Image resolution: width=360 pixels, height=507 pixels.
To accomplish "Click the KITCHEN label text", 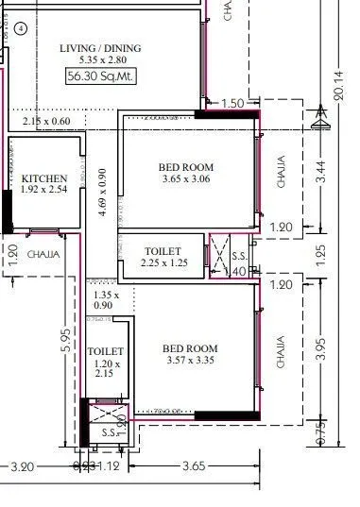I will tap(44, 177).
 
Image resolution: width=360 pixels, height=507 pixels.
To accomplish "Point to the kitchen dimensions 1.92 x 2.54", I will tap(44, 190).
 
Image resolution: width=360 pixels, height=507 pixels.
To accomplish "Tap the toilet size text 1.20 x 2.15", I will tap(105, 368).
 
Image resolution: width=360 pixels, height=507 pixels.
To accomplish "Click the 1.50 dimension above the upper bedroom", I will tap(231, 102).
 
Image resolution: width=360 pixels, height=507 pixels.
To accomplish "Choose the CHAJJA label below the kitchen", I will tap(40, 254).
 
